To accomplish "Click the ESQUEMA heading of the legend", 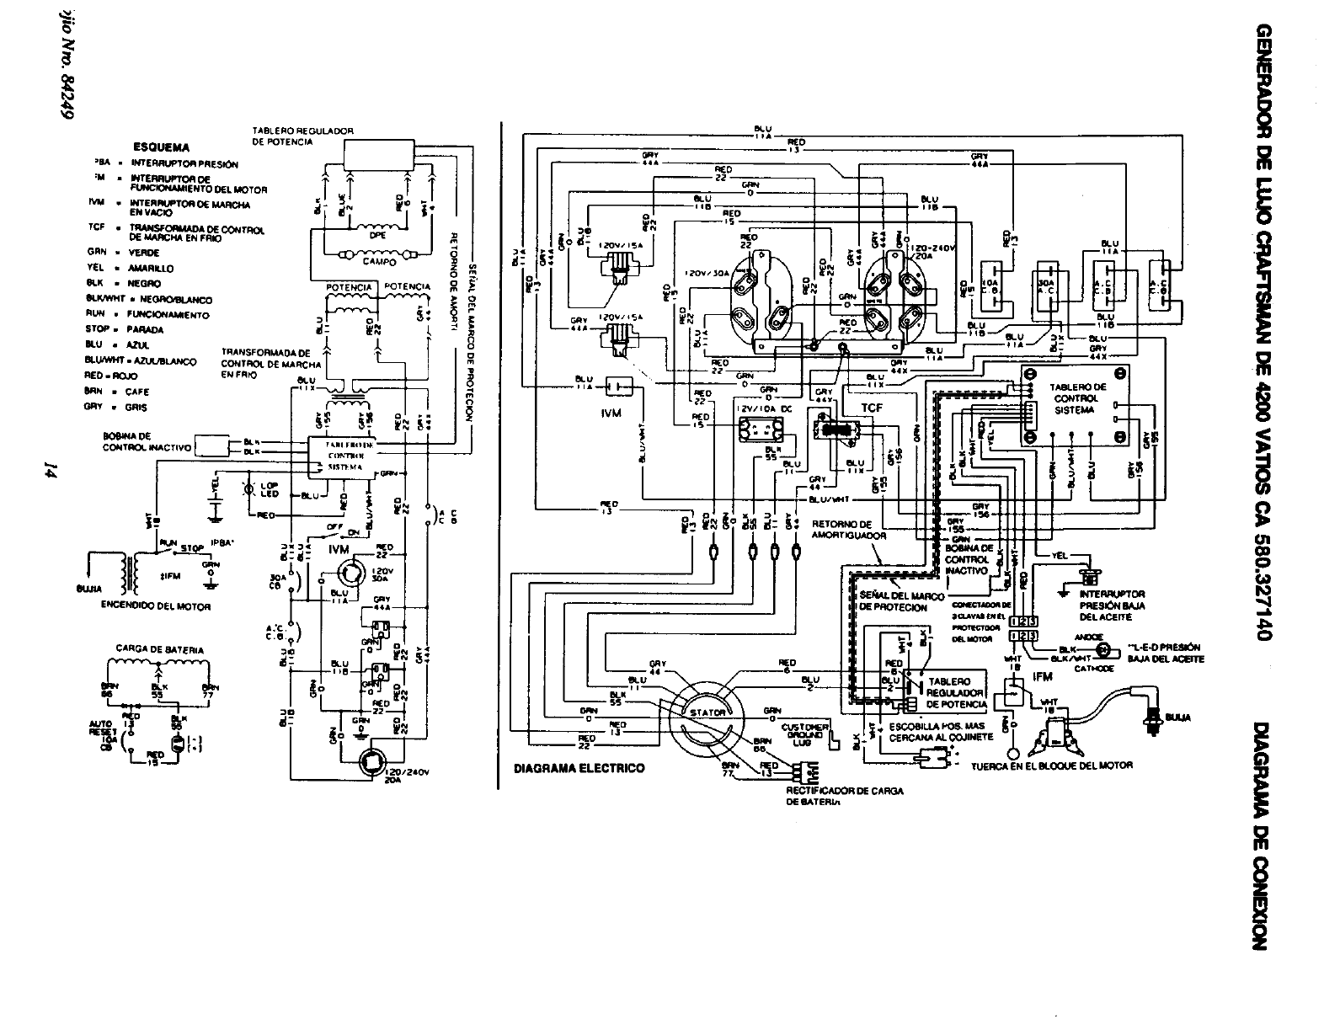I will click(167, 146).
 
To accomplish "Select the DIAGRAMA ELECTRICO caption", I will click(579, 768).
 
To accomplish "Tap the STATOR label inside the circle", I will click(707, 712).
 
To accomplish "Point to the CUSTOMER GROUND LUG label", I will click(804, 731).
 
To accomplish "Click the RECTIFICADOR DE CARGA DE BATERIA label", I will click(845, 797).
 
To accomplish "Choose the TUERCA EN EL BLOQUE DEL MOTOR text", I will click(1051, 766).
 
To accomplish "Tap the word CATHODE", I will click(1095, 668).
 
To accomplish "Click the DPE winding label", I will click(376, 237).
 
